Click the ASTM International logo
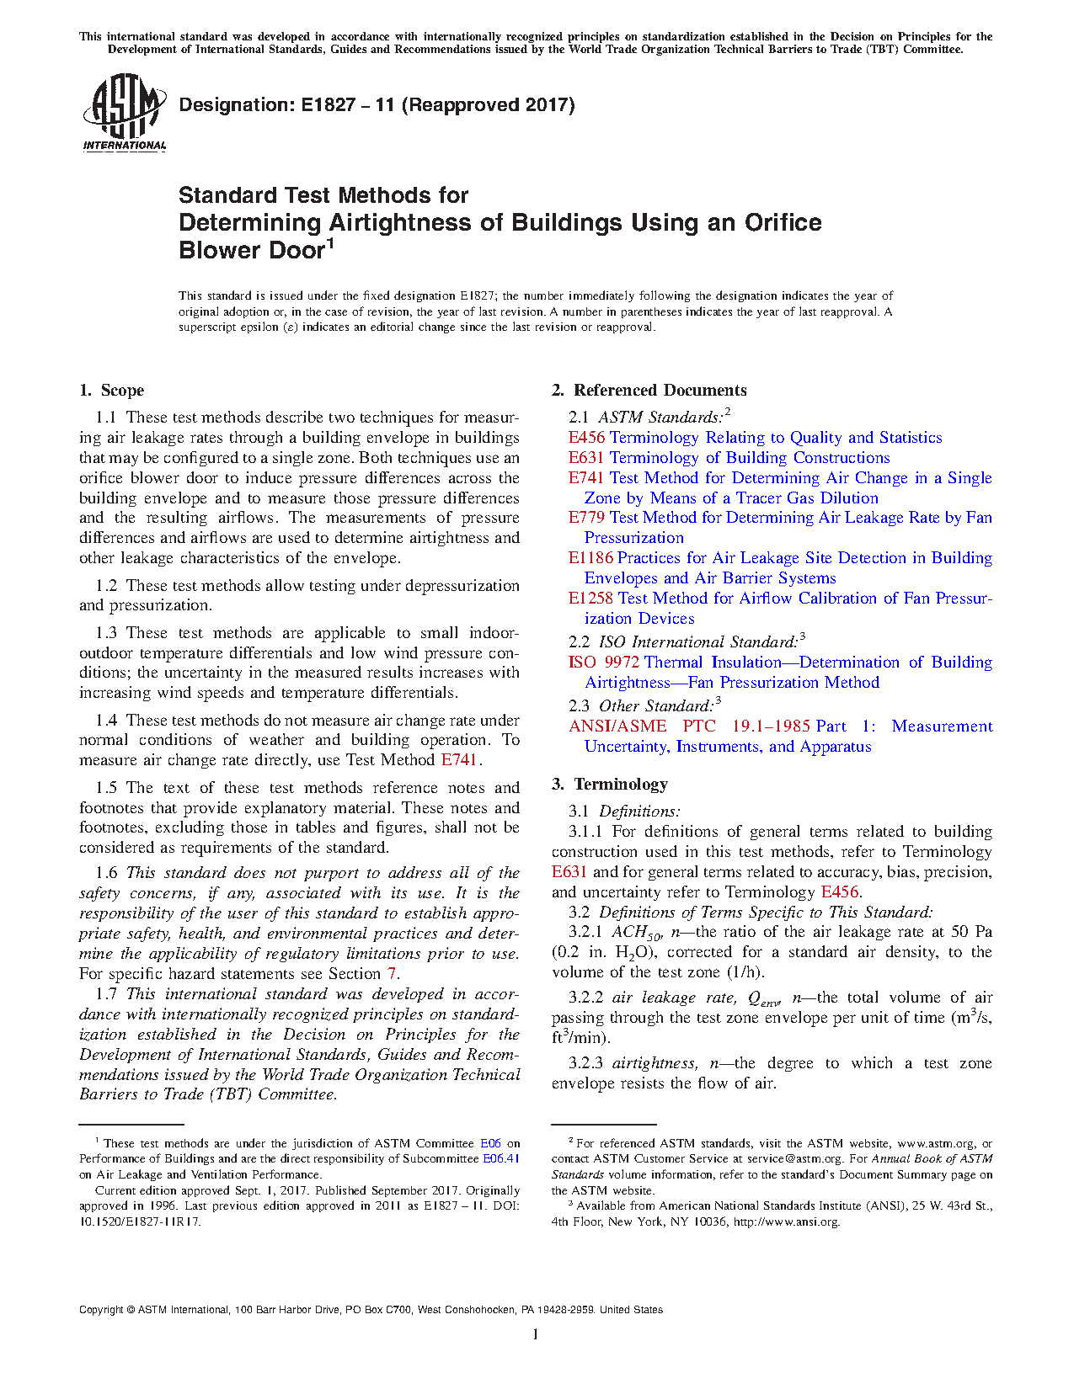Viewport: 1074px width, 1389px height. [124, 112]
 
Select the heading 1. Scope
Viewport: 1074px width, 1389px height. [112, 390]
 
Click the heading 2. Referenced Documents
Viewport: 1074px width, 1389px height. [649, 390]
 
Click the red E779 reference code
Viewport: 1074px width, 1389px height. [586, 518]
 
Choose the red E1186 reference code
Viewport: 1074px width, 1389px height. [590, 558]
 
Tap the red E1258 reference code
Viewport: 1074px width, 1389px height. [590, 599]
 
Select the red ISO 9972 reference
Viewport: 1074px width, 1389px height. [603, 663]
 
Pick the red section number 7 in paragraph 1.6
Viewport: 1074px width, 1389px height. [392, 974]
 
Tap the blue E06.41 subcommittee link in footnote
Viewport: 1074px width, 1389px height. [500, 1159]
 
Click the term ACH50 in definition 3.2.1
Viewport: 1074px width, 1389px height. [631, 933]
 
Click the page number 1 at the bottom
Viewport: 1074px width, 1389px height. [536, 1334]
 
